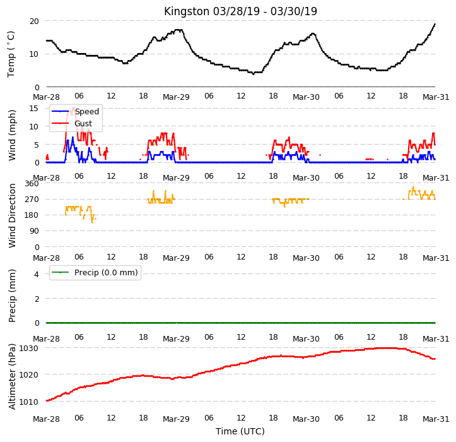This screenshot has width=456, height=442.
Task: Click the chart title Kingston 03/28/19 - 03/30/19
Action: pos(240,11)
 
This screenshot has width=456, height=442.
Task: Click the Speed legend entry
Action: pos(75,112)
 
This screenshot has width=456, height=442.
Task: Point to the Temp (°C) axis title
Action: pos(11,54)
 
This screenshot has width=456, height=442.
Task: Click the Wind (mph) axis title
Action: pos(12,135)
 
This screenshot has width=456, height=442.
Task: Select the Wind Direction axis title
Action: pos(12,216)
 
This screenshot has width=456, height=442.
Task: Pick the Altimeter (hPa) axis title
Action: pos(12,377)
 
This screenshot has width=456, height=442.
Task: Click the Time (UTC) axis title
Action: pos(240,431)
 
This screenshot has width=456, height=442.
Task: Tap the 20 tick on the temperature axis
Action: pos(34,21)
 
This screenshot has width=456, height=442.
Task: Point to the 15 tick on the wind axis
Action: pos(34,109)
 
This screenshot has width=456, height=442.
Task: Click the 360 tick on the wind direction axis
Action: pos(32,184)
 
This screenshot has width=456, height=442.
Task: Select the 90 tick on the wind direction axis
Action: pos(34,231)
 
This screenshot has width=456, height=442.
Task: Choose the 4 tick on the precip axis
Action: pos(37,274)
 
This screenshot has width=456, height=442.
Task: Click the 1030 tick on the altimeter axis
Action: pos(29,349)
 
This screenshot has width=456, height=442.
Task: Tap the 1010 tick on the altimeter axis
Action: pos(29,402)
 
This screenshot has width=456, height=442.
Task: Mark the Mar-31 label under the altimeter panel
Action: pos(436,419)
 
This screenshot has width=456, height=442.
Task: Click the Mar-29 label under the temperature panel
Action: pos(176,97)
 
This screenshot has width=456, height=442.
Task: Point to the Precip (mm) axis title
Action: pos(12,296)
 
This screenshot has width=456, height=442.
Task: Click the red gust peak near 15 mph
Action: pos(73,109)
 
